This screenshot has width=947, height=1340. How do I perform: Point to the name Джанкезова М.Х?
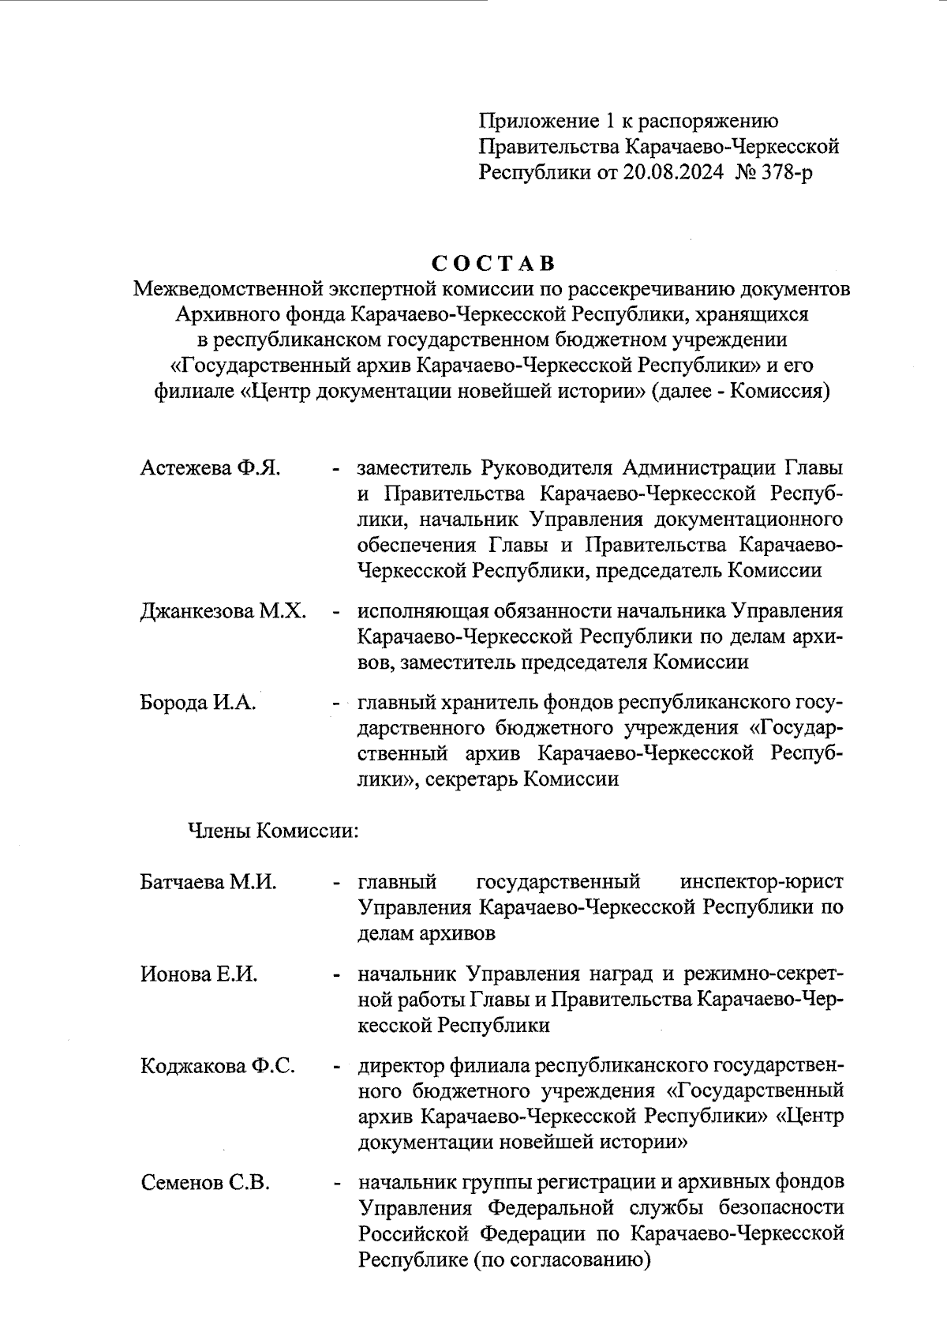point(223,611)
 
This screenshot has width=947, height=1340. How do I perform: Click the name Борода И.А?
point(198,702)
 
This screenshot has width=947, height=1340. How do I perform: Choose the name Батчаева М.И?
point(208,882)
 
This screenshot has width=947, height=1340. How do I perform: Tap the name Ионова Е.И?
point(199,974)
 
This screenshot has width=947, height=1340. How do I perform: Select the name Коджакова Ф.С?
point(218,1066)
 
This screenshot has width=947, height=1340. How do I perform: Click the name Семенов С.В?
point(205,1183)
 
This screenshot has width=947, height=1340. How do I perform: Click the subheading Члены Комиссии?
point(273,831)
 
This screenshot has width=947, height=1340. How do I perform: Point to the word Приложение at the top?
point(534,121)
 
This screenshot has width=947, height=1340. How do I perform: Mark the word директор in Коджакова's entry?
point(402,1066)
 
